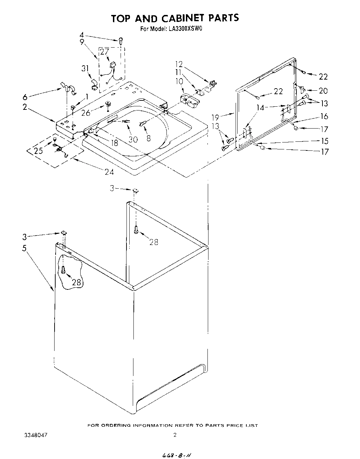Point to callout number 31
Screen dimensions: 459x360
point(85,68)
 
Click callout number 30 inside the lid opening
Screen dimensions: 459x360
point(133,139)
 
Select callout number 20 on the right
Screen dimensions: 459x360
point(323,91)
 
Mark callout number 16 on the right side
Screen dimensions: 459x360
point(324,116)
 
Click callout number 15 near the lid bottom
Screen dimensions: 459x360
point(324,141)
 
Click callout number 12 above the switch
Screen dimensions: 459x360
point(179,64)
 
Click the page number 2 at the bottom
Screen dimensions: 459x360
point(175,435)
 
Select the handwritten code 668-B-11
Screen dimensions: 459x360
point(177,454)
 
